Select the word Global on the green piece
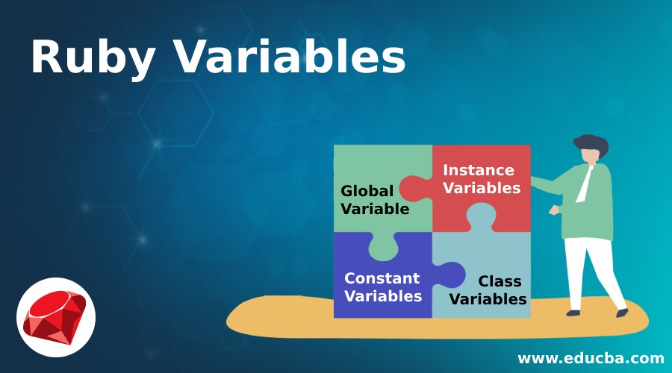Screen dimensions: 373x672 (x=367, y=191)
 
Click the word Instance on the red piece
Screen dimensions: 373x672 (x=478, y=170)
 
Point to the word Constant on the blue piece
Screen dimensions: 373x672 (x=382, y=278)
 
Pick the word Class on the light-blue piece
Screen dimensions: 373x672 (x=500, y=281)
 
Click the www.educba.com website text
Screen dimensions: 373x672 (x=591, y=358)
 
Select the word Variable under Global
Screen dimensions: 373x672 (x=375, y=209)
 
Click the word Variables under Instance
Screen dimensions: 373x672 (x=482, y=188)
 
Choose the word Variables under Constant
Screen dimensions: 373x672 (x=383, y=296)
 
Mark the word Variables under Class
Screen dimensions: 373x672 (x=488, y=299)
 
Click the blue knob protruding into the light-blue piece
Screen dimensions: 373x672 (x=450, y=275)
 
